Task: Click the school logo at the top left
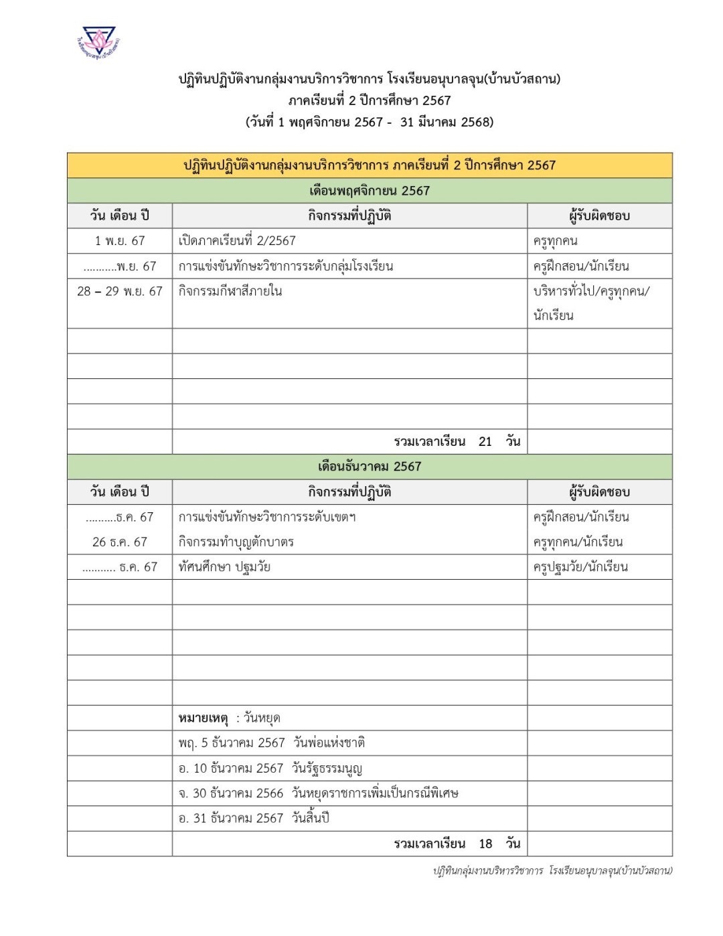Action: point(98,42)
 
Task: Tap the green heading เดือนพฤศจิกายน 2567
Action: point(370,191)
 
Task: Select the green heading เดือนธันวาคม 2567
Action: point(370,467)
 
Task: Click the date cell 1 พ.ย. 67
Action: point(120,241)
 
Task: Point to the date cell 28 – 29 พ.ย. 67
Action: point(120,291)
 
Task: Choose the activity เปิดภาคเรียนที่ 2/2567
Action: point(237,241)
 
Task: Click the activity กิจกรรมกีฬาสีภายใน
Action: point(230,291)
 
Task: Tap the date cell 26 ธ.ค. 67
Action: point(120,542)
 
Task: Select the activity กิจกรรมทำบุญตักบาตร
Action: point(236,542)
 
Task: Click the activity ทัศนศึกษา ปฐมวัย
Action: point(224,567)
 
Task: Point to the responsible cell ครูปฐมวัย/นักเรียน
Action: point(580,567)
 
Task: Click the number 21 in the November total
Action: point(485,442)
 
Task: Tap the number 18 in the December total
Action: point(485,844)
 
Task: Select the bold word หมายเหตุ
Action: point(203,718)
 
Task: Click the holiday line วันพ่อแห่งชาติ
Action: point(272,743)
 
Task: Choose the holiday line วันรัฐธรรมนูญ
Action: point(270,769)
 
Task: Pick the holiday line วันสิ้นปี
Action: point(254,818)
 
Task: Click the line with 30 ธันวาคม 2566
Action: point(319,793)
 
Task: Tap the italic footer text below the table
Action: point(552,870)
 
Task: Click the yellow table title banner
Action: point(370,165)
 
